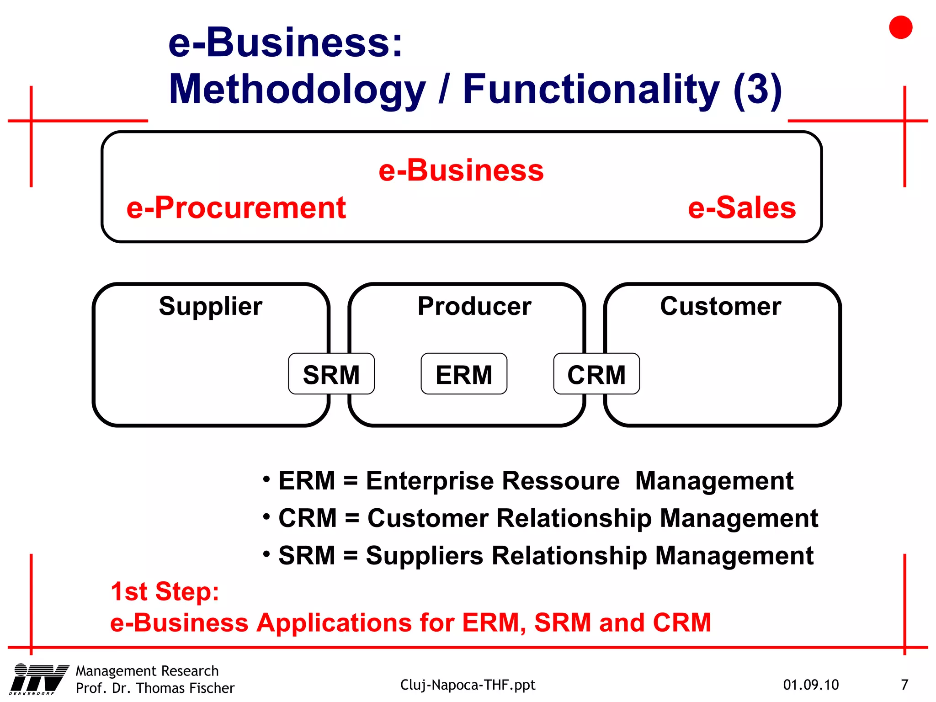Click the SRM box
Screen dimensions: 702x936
click(x=331, y=374)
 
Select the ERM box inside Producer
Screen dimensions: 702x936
click(x=464, y=374)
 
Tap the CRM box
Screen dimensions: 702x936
click(x=596, y=374)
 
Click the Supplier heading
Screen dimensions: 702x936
click(x=211, y=306)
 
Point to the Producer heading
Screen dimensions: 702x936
click(x=474, y=306)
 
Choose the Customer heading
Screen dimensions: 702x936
click(x=721, y=306)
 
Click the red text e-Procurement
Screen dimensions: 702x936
click(x=236, y=208)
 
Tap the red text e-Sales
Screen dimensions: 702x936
click(x=742, y=208)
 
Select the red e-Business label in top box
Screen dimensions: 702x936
click(x=461, y=170)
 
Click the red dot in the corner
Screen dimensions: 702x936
click(x=900, y=27)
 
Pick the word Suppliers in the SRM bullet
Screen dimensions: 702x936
click(x=425, y=556)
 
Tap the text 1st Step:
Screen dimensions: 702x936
click(x=165, y=591)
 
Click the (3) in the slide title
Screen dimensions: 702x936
click(x=758, y=89)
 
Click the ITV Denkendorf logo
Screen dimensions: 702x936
click(x=39, y=680)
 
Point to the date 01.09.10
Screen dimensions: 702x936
click(x=811, y=685)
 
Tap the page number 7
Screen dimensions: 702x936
click(x=904, y=685)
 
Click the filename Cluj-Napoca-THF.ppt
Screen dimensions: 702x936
click(x=468, y=685)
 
